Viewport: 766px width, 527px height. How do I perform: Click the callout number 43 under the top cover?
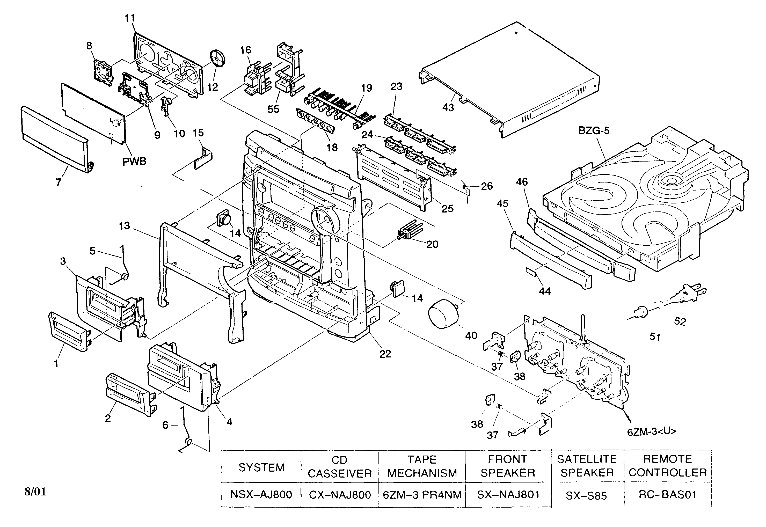[x=448, y=108]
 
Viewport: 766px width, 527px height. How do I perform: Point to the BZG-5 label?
[x=594, y=131]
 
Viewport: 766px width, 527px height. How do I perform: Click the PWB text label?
[x=134, y=162]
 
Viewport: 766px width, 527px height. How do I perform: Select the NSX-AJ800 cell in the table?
[x=261, y=495]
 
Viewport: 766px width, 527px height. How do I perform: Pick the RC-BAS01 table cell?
[x=667, y=495]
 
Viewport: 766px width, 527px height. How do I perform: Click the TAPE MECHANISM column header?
[x=422, y=466]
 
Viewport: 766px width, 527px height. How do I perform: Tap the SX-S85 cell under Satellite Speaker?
[x=586, y=496]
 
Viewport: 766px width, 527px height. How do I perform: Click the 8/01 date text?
[x=35, y=492]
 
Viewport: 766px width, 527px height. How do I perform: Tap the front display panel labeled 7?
[x=54, y=139]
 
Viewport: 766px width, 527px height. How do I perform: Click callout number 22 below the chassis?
[x=385, y=354]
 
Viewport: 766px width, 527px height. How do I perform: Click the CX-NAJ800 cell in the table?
[x=340, y=495]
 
